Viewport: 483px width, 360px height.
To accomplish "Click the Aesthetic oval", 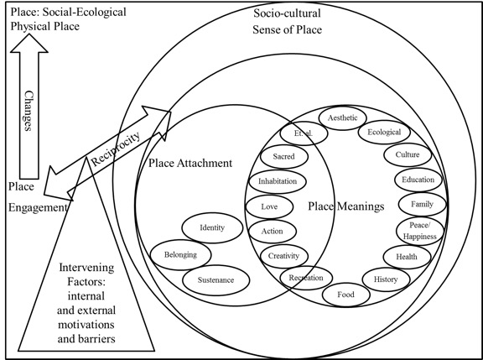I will coord(342,117).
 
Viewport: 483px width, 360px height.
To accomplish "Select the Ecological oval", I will coord(385,133).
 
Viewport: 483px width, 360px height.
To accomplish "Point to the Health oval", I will coord(401,256).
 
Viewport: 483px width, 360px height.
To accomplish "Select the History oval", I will coord(381,278).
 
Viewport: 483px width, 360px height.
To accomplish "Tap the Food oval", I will coord(345,295).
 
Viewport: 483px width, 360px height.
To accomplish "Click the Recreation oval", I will coord(306,278).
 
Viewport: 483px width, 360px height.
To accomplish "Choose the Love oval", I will coord(270,206).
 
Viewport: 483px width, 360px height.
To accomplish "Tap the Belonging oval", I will coord(181,252).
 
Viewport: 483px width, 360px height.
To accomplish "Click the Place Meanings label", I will coord(345,206).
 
